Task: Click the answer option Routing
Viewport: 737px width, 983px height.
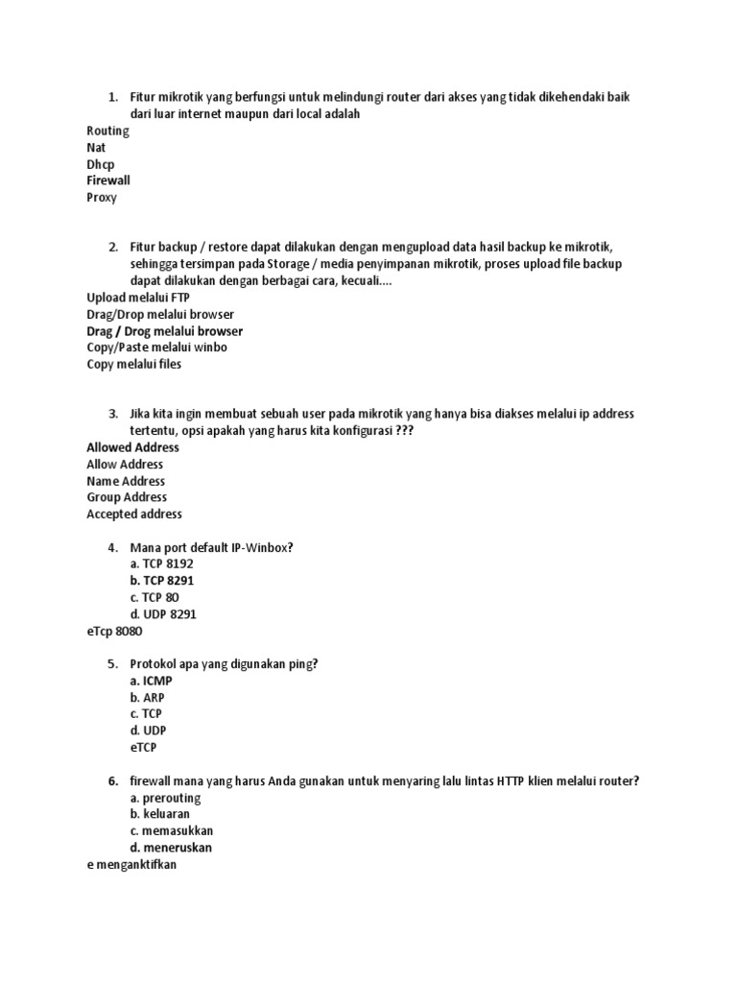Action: (x=107, y=132)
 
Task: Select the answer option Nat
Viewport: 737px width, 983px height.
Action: (x=96, y=148)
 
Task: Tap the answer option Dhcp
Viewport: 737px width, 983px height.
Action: (x=101, y=164)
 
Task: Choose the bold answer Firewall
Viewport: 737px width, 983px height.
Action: (x=108, y=180)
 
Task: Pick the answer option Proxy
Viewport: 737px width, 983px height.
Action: (x=102, y=197)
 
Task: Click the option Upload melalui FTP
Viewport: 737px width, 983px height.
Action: (x=138, y=298)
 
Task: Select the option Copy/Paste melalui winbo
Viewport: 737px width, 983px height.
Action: (x=156, y=348)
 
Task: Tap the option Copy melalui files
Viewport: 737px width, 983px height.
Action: (x=133, y=364)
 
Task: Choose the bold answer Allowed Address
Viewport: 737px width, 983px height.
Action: (x=132, y=447)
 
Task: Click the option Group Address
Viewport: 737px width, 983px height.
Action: (x=127, y=497)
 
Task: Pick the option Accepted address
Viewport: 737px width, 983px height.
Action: (x=134, y=514)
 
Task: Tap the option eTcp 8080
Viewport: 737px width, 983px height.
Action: (x=114, y=631)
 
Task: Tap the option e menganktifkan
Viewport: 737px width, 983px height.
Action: (x=132, y=864)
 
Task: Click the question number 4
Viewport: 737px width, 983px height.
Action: (x=112, y=547)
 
